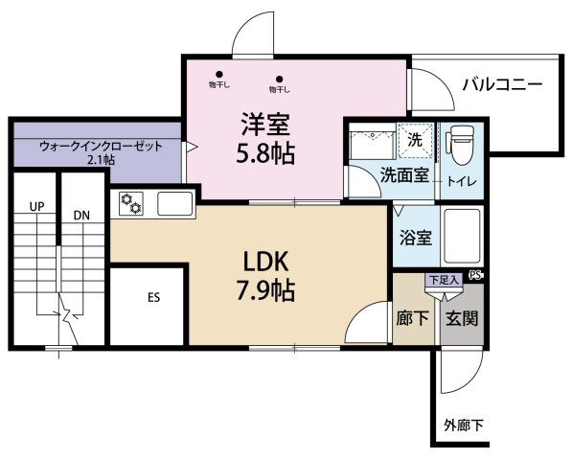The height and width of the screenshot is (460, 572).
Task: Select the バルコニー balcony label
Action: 501,84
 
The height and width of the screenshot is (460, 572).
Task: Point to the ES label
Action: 153,297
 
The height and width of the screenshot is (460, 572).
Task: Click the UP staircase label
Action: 36,206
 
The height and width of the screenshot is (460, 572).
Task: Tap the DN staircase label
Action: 80,215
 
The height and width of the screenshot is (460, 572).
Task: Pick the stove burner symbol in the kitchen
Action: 131,204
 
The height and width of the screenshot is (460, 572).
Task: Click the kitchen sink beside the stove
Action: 173,203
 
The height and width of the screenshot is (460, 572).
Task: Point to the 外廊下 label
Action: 464,424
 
